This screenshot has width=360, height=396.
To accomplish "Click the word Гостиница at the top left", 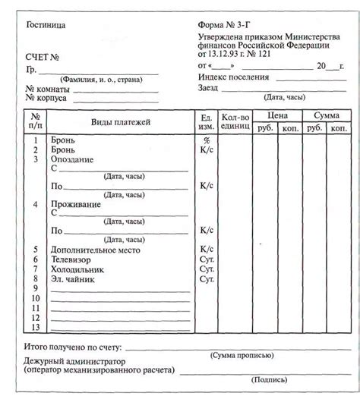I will pos(46,25).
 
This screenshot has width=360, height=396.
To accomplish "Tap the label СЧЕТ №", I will pos(43,57).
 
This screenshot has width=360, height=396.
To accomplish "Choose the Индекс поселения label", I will pos(234,77).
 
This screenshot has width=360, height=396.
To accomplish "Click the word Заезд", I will pos(209,88).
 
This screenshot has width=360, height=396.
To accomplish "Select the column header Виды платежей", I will pos(121,122).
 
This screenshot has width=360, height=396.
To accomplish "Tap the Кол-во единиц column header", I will pos(235,122).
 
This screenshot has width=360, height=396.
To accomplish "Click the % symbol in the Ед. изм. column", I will pos(205,141).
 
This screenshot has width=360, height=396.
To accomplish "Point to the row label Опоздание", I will pos(72,160).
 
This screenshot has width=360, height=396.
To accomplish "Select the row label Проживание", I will pos(76,205).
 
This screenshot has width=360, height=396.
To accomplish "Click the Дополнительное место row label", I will pos(94,250).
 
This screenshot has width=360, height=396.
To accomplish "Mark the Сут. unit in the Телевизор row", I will pos(206,259).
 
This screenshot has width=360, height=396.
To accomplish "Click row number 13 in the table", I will pos(36,327).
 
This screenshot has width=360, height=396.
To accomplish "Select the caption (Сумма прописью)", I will pos(242,355).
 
